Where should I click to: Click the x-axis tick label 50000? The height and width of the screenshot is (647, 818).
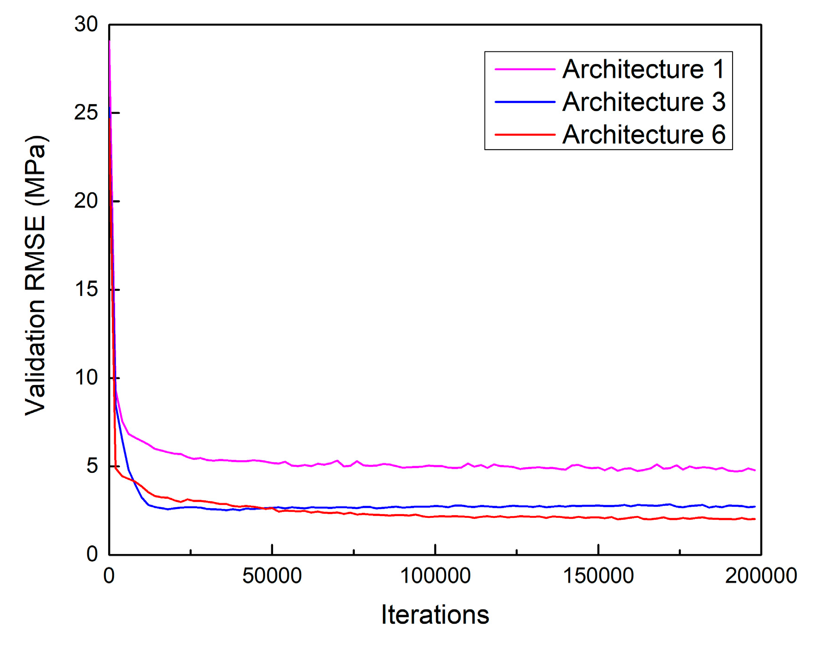[x=272, y=576]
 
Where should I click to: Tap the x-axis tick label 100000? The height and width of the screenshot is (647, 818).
[x=435, y=576]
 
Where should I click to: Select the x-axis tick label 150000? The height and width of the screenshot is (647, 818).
[x=598, y=576]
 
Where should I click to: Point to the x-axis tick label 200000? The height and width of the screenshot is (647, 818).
[x=761, y=576]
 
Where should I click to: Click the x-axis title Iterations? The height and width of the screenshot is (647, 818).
[x=435, y=614]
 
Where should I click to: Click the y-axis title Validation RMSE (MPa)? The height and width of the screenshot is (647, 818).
[x=36, y=275]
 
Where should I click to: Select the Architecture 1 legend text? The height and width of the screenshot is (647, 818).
[x=643, y=69]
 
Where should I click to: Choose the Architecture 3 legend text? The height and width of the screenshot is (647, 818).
[x=643, y=102]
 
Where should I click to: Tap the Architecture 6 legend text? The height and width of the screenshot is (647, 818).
[x=643, y=135]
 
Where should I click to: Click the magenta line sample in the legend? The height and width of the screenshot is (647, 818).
[x=525, y=69]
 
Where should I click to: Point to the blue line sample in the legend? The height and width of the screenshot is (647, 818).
[x=525, y=102]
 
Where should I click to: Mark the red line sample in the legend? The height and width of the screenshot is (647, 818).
[x=525, y=135]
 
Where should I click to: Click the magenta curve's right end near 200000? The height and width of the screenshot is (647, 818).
[x=754, y=470]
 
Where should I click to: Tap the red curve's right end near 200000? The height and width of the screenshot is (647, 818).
[x=754, y=519]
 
